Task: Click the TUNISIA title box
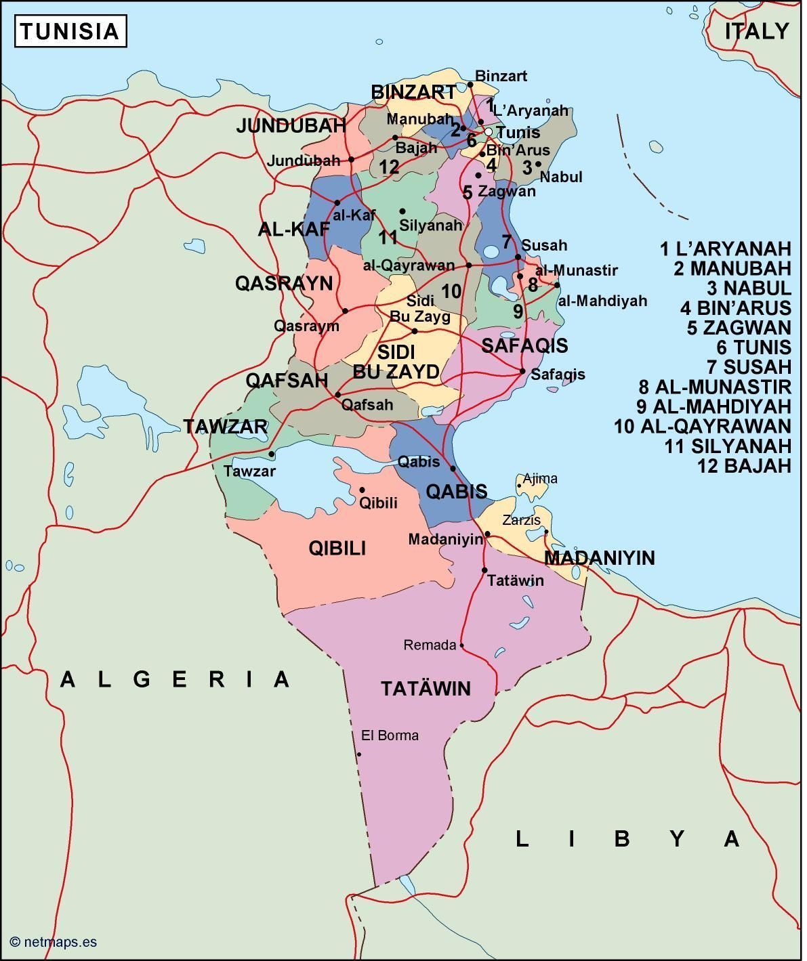pyautogui.click(x=70, y=32)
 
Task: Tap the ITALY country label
pyautogui.click(x=756, y=31)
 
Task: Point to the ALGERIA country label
pyautogui.click(x=175, y=679)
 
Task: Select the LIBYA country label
pyautogui.click(x=627, y=838)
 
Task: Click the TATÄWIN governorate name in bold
pyautogui.click(x=426, y=689)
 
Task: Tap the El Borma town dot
pyautogui.click(x=359, y=754)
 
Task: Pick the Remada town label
pyautogui.click(x=430, y=645)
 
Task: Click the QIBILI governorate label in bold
pyautogui.click(x=337, y=548)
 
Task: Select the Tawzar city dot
pyautogui.click(x=272, y=454)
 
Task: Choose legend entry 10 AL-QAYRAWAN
pyautogui.click(x=702, y=426)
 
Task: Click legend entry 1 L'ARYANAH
pyautogui.click(x=725, y=249)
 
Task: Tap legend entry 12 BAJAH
pyautogui.click(x=744, y=465)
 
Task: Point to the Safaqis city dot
pyautogui.click(x=522, y=371)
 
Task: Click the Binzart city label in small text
pyautogui.click(x=501, y=76)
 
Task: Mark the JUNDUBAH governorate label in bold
pyautogui.click(x=291, y=125)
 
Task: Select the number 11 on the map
pyautogui.click(x=388, y=238)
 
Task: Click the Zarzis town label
pyautogui.click(x=521, y=520)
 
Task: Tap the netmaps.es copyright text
pyautogui.click(x=54, y=941)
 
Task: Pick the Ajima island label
pyautogui.click(x=540, y=479)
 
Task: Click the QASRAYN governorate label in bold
pyautogui.click(x=284, y=283)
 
